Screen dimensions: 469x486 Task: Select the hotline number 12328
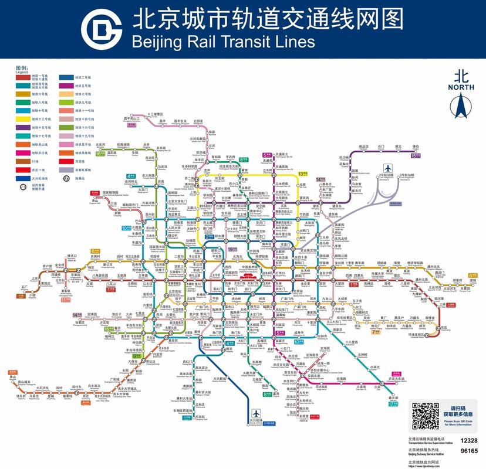click(469, 440)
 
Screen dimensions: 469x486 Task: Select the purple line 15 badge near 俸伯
click(416, 155)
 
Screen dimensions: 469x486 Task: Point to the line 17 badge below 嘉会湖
click(393, 404)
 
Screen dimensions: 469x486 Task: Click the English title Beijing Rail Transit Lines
click(223, 42)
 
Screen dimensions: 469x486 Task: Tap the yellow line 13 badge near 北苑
click(303, 174)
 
